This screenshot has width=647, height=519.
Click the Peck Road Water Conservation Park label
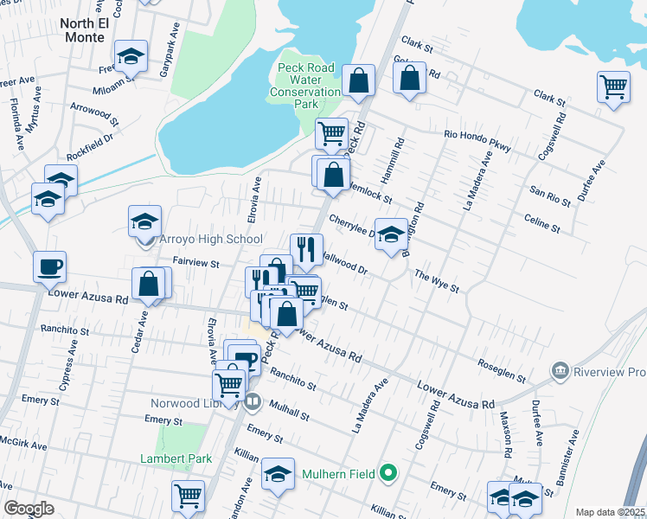[305, 86]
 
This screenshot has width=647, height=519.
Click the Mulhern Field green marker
[388, 472]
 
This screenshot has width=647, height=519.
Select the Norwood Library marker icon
[253, 400]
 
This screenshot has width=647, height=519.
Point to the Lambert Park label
[176, 458]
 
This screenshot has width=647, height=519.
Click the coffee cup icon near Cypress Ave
[50, 266]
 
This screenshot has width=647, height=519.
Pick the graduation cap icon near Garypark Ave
[131, 55]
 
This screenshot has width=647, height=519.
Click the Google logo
[29, 509]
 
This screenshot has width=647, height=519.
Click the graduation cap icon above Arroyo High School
[145, 221]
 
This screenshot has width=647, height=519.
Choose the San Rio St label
[550, 196]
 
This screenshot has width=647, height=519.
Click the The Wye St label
[437, 280]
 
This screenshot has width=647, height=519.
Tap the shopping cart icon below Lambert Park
[188, 497]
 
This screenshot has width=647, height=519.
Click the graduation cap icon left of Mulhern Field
[278, 474]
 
